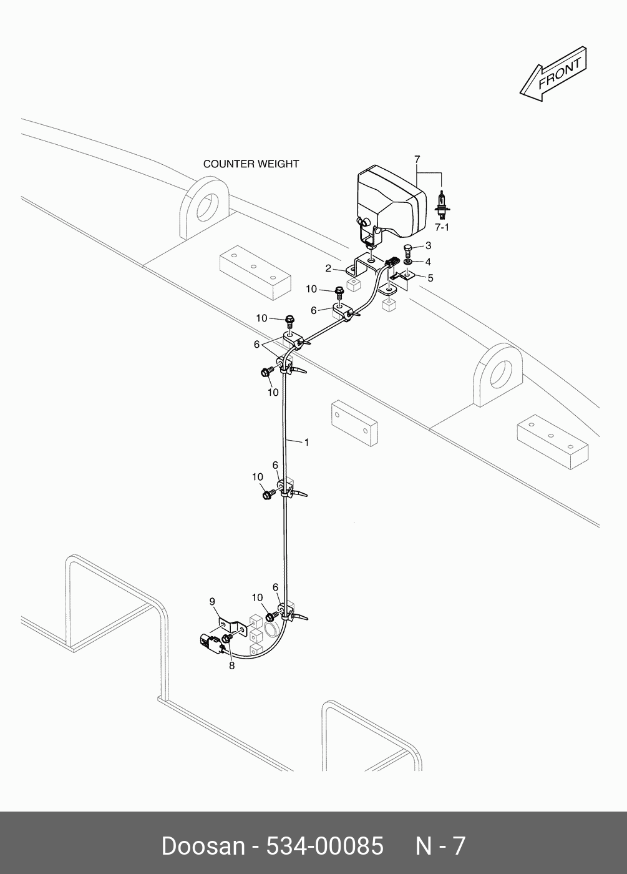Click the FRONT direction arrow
553,73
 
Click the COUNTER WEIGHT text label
251,164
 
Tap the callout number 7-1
442,227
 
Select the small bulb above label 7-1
442,204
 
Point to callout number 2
328,268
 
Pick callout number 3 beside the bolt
428,246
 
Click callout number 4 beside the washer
428,262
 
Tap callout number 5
430,277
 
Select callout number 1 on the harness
306,442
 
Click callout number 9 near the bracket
212,601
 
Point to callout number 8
231,665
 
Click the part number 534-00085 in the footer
324,846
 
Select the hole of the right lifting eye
498,373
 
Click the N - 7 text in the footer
440,846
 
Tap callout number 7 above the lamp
417,160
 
